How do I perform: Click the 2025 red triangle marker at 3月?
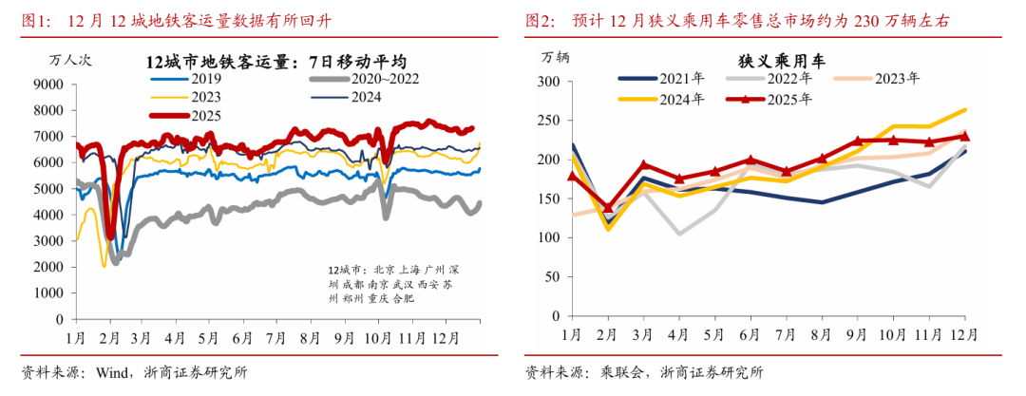click(643, 164)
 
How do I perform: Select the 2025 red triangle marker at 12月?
click(964, 136)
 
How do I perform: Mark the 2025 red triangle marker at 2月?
click(607, 206)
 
